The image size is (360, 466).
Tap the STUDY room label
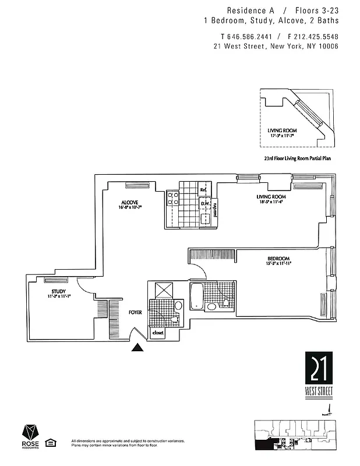pyautogui.click(x=58, y=291)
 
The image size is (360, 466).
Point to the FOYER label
pyautogui.click(x=136, y=313)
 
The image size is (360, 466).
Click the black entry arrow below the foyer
pyautogui.click(x=137, y=348)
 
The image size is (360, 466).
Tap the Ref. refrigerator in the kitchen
pyautogui.click(x=203, y=190)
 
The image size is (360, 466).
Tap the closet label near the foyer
pyautogui.click(x=158, y=333)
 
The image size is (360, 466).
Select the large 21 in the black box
pyautogui.click(x=320, y=369)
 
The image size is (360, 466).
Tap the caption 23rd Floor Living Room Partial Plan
pyautogui.click(x=297, y=158)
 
